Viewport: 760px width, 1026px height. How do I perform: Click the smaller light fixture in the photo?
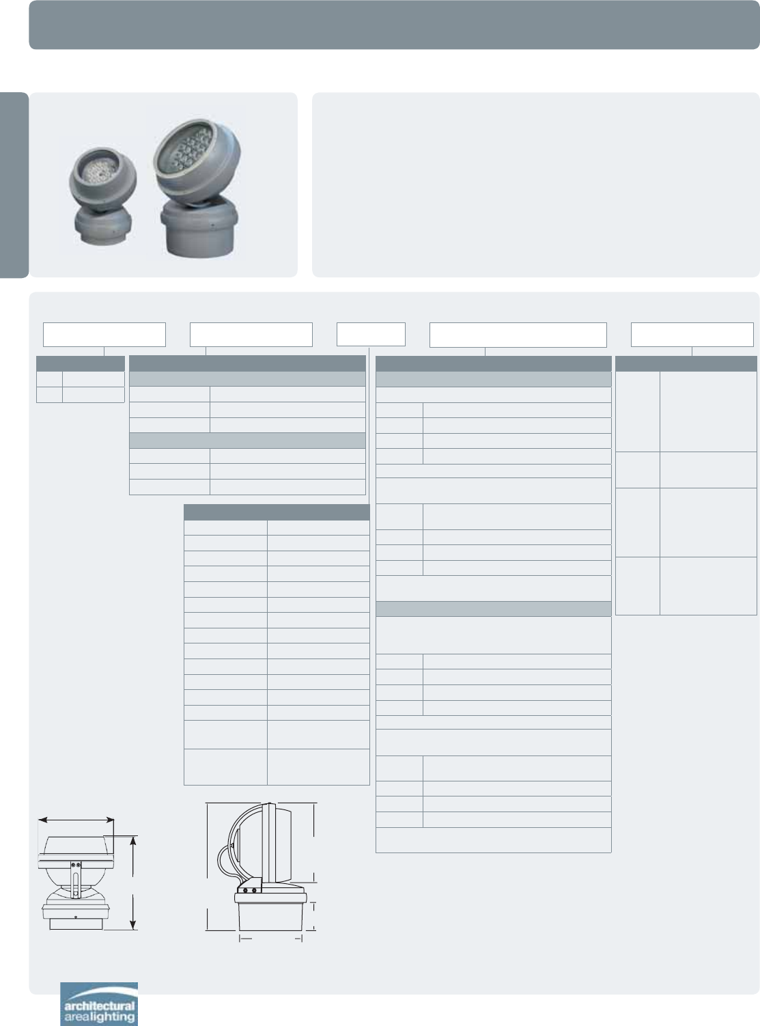tap(102, 195)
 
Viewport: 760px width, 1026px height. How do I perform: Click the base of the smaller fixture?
tap(103, 225)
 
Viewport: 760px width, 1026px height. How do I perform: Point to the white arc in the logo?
tap(100, 993)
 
